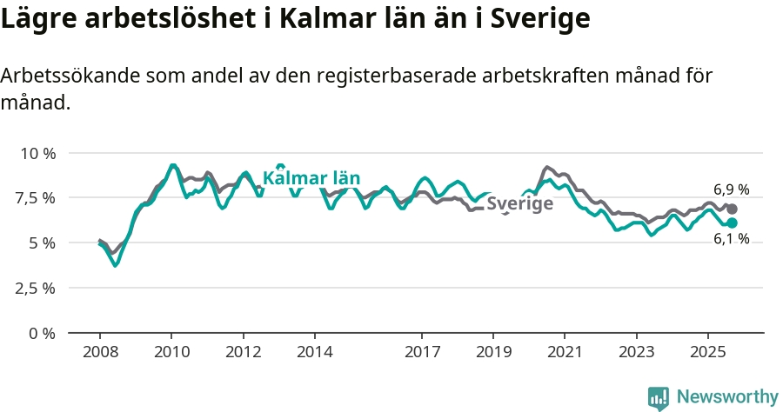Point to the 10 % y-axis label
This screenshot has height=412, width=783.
(x=37, y=153)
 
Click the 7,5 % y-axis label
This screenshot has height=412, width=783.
(x=37, y=198)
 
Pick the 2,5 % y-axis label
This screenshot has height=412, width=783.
(x=37, y=288)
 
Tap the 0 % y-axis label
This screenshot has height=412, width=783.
(x=43, y=333)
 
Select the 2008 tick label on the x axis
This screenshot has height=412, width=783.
(x=100, y=353)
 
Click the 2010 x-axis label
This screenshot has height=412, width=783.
(x=171, y=353)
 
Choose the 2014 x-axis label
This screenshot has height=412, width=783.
(x=314, y=353)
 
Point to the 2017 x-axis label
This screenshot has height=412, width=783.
(x=422, y=353)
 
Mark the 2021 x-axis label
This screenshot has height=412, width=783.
(x=565, y=353)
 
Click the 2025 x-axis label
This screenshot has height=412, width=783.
(x=707, y=353)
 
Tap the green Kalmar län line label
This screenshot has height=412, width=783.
(x=311, y=179)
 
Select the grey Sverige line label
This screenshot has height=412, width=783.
(x=519, y=205)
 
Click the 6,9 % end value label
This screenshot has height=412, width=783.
(x=731, y=189)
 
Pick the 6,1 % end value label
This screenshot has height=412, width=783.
(x=731, y=239)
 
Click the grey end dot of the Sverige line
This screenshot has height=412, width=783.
(x=733, y=209)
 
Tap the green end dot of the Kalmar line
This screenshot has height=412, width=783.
(x=733, y=223)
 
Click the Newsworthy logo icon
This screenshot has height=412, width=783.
(x=659, y=398)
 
